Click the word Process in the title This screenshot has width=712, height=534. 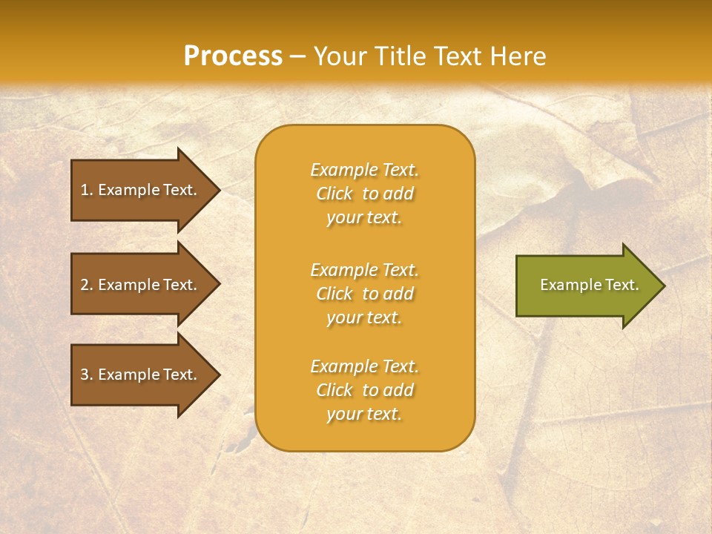click(x=233, y=56)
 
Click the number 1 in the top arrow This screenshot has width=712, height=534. click(x=85, y=190)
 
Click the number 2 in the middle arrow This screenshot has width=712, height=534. click(x=85, y=285)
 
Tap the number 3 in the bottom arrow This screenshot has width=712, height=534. click(x=85, y=375)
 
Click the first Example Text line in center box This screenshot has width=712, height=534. click(x=364, y=170)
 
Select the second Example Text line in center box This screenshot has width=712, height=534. click(x=364, y=270)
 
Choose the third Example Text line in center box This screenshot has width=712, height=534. click(x=364, y=366)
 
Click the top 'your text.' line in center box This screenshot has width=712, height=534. click(x=364, y=218)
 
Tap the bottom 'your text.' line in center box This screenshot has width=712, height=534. click(x=364, y=415)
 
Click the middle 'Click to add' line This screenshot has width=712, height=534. click(x=364, y=294)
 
